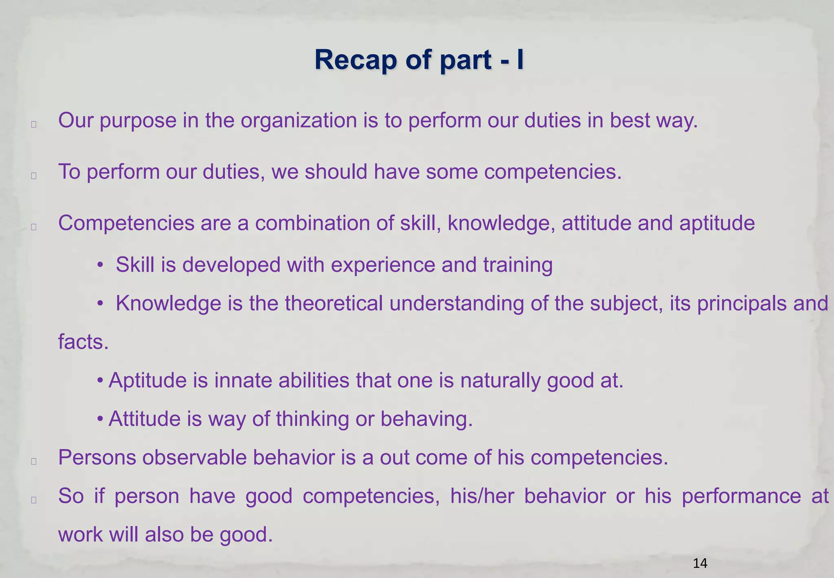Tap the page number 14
click(700, 564)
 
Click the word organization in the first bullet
click(298, 121)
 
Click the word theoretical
click(334, 303)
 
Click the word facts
click(83, 342)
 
